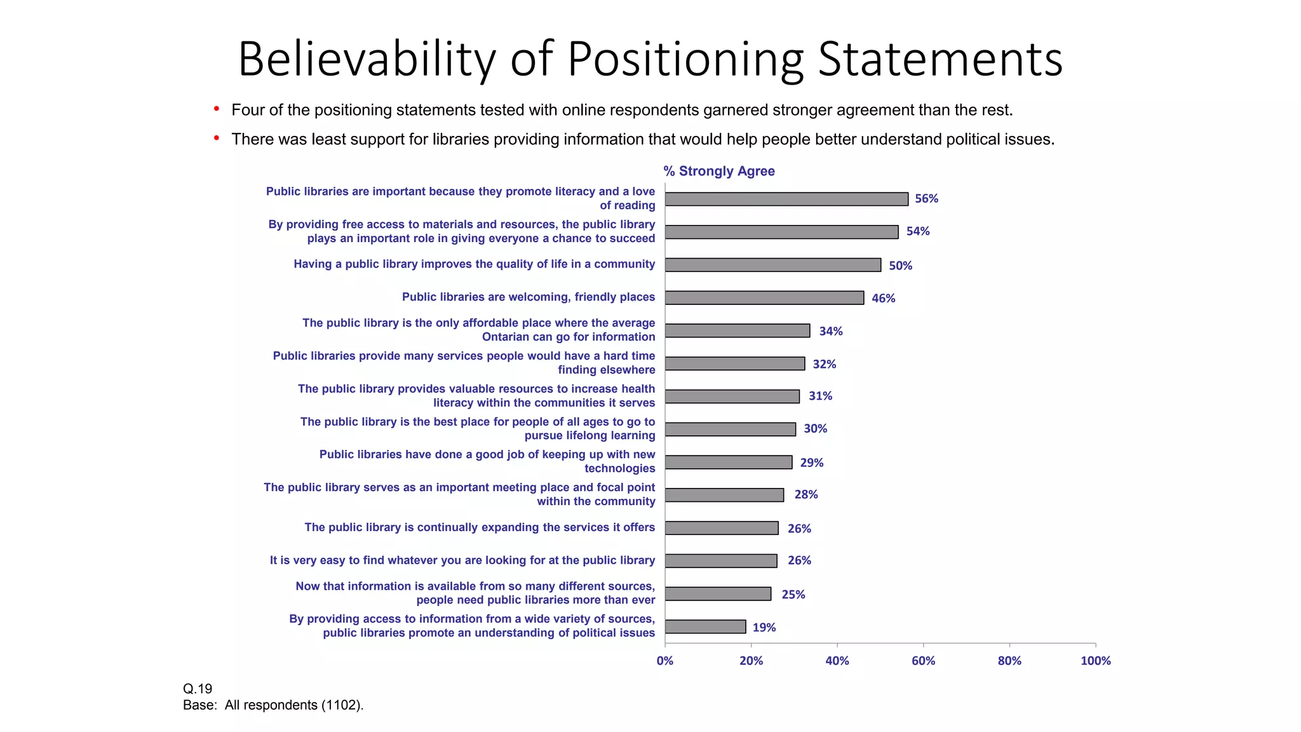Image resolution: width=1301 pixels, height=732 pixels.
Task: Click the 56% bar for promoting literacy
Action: tap(786, 199)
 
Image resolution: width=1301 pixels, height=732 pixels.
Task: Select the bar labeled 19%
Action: tap(705, 627)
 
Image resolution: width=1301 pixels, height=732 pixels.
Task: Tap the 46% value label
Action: tap(883, 298)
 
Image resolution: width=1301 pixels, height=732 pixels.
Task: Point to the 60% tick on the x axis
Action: tap(923, 661)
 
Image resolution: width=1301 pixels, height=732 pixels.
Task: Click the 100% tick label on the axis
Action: tap(1095, 661)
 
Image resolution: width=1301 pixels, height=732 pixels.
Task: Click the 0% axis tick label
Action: tap(664, 661)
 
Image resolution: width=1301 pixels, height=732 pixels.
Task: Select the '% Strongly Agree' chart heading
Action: tap(718, 171)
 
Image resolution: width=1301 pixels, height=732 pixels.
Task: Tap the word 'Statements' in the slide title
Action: tap(940, 59)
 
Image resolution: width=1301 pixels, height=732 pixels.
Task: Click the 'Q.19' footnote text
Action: tap(198, 689)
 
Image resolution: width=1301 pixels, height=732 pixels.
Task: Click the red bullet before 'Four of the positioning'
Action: tap(217, 109)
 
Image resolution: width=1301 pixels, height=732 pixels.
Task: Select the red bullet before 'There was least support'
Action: tap(217, 138)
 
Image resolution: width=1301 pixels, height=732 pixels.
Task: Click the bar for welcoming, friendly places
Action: tap(764, 297)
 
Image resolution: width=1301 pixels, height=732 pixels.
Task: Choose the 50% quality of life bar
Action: tap(772, 265)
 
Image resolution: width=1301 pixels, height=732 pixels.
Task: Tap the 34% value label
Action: tap(830, 331)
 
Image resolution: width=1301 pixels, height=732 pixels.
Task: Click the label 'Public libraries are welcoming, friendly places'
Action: tap(528, 297)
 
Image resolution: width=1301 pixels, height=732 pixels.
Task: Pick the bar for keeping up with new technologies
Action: tap(728, 462)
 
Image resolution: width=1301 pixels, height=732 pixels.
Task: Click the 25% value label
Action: tap(793, 594)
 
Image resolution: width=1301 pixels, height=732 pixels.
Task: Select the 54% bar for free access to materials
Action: tap(781, 232)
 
